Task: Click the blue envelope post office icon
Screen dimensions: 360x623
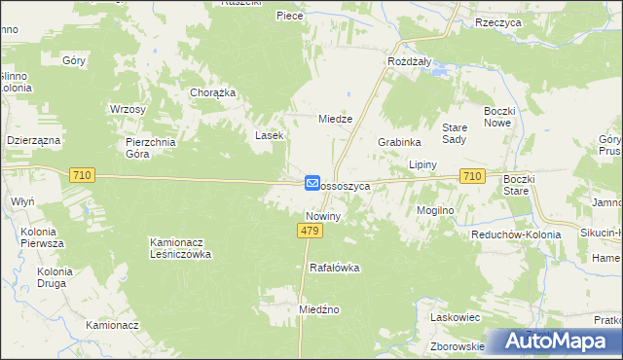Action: [x=312, y=182]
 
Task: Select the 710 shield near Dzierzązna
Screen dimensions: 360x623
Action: [x=82, y=174]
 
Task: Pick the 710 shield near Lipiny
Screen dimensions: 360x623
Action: [x=472, y=175]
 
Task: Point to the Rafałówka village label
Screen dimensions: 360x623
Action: [x=335, y=267]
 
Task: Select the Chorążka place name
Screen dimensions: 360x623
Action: [x=212, y=93]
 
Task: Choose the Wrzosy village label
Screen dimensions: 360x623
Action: [x=128, y=108]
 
